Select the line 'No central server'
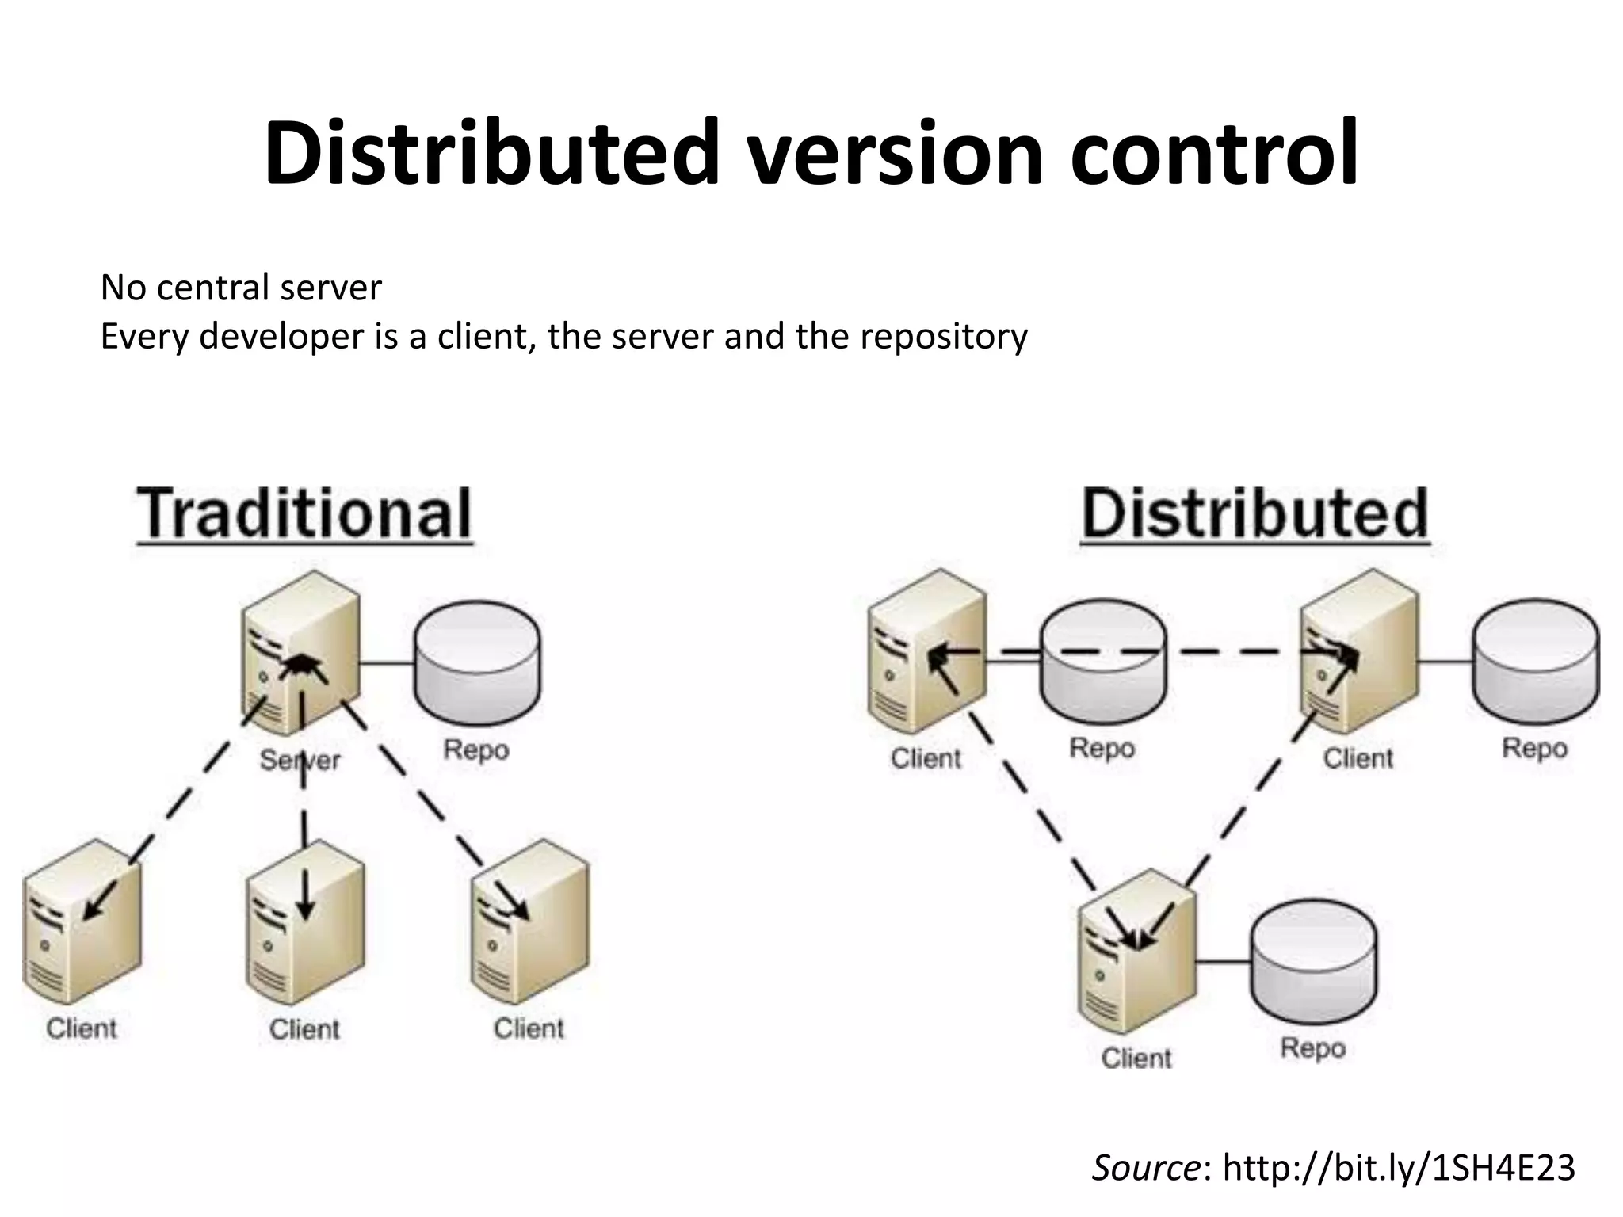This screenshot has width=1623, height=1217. click(x=241, y=288)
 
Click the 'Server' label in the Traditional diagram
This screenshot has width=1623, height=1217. click(x=300, y=761)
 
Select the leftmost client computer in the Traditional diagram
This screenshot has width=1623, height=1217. click(x=82, y=923)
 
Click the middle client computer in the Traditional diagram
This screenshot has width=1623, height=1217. click(x=305, y=923)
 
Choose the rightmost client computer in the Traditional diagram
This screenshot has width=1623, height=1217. click(x=529, y=923)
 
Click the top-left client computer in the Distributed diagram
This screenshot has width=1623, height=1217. click(x=926, y=654)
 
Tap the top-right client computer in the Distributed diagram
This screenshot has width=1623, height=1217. click(x=1358, y=654)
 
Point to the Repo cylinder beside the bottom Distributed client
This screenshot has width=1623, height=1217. click(x=1313, y=963)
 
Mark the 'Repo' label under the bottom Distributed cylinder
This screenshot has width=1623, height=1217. click(x=1313, y=1048)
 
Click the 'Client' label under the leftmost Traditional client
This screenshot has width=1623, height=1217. click(x=82, y=1028)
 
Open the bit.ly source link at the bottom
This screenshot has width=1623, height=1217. click(x=1399, y=1168)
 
